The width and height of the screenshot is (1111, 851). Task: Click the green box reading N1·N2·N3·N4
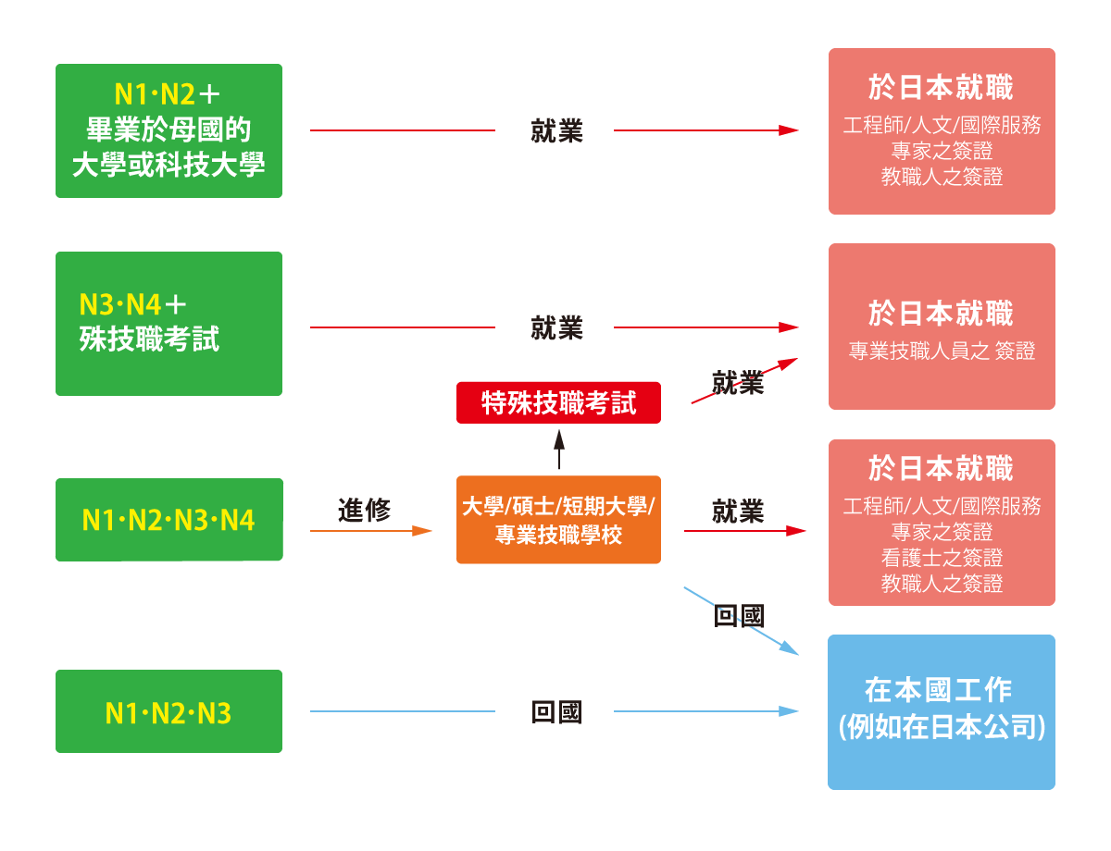[169, 519]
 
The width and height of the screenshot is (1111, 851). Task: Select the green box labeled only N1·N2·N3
[169, 710]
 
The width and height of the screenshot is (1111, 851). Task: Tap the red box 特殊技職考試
[558, 402]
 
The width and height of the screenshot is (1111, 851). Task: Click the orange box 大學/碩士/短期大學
[558, 520]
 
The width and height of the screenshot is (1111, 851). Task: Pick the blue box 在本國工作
[942, 711]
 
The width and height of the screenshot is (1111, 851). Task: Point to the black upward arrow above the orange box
[559, 449]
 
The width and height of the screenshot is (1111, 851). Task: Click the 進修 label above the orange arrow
[364, 510]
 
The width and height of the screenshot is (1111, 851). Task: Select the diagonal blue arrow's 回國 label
[739, 615]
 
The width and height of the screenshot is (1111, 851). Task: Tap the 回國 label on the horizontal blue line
[556, 711]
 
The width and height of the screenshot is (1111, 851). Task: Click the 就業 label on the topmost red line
[556, 130]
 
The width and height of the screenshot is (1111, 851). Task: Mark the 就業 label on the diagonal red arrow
[738, 383]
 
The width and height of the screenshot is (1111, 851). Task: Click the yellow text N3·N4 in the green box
[120, 304]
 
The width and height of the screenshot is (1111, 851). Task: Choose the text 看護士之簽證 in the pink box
[942, 557]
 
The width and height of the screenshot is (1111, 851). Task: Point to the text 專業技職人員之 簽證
[942, 351]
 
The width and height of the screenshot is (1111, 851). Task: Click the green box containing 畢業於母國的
[169, 130]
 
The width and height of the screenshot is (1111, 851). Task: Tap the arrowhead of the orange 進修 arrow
[422, 531]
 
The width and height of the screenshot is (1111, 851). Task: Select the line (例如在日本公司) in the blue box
[942, 726]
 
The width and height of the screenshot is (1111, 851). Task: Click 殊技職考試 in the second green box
[149, 339]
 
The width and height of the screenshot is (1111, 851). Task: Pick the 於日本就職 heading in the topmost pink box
[941, 87]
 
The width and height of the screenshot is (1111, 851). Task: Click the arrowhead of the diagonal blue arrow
[790, 647]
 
